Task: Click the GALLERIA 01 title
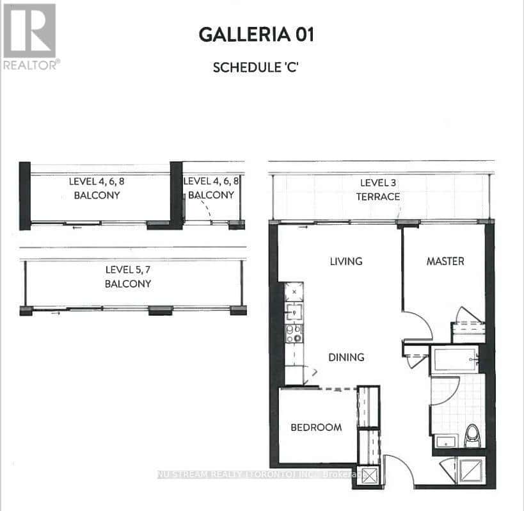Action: coord(257,35)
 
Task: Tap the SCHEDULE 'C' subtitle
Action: coord(255,67)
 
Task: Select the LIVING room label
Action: coord(346,261)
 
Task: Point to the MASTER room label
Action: coord(445,261)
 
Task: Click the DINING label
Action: coord(346,357)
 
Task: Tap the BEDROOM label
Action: coord(316,427)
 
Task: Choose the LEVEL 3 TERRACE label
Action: coord(378,190)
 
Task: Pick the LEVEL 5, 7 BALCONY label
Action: coord(128,277)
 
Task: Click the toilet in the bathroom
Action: coord(472,435)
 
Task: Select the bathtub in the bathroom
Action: coord(455,359)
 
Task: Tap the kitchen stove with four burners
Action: coord(294,334)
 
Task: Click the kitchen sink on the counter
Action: coord(294,312)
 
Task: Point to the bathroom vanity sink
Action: coord(445,441)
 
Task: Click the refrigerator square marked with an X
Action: coord(294,292)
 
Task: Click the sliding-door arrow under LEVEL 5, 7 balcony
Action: coord(56,313)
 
